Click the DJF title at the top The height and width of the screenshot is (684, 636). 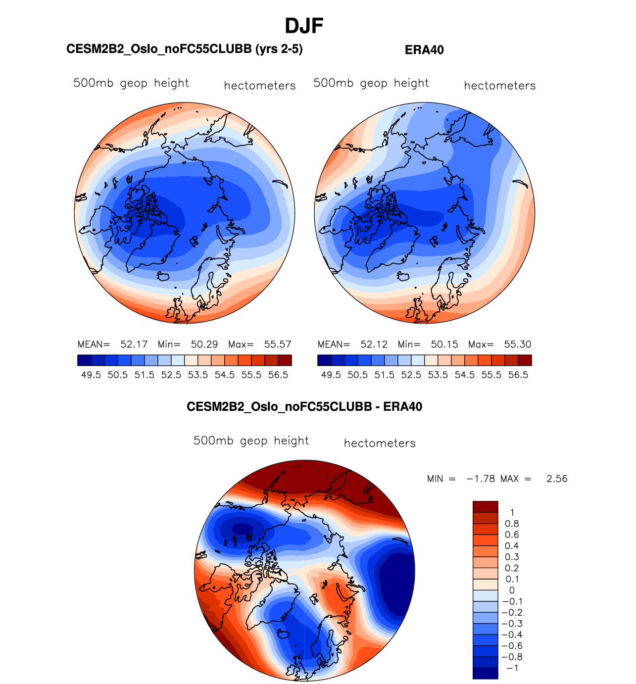[304, 26]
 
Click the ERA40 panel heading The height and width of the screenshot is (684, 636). [424, 50]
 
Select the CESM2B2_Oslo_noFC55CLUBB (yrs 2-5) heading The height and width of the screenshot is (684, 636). [185, 49]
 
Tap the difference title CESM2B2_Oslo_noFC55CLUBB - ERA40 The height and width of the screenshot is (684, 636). [304, 407]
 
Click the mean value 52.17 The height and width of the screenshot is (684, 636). [134, 344]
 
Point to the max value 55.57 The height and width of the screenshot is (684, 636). [278, 344]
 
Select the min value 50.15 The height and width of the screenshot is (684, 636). [444, 344]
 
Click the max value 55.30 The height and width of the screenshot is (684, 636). [518, 344]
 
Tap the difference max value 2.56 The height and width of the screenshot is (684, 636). [557, 479]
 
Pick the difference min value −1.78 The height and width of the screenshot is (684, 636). [481, 479]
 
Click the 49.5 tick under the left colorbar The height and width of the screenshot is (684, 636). [91, 375]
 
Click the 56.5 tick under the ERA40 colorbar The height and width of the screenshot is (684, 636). [518, 375]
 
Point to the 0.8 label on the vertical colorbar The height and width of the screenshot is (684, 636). [512, 524]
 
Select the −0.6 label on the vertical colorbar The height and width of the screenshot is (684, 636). [512, 646]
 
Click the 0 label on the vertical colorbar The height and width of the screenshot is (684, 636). [512, 590]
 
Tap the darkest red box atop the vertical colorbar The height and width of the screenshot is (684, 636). [485, 507]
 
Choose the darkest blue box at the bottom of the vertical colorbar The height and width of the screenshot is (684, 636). [485, 673]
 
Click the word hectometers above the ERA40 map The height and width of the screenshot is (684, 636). [500, 86]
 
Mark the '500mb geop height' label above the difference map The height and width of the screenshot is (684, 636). [251, 440]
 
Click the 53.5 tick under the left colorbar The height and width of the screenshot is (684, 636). [198, 375]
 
